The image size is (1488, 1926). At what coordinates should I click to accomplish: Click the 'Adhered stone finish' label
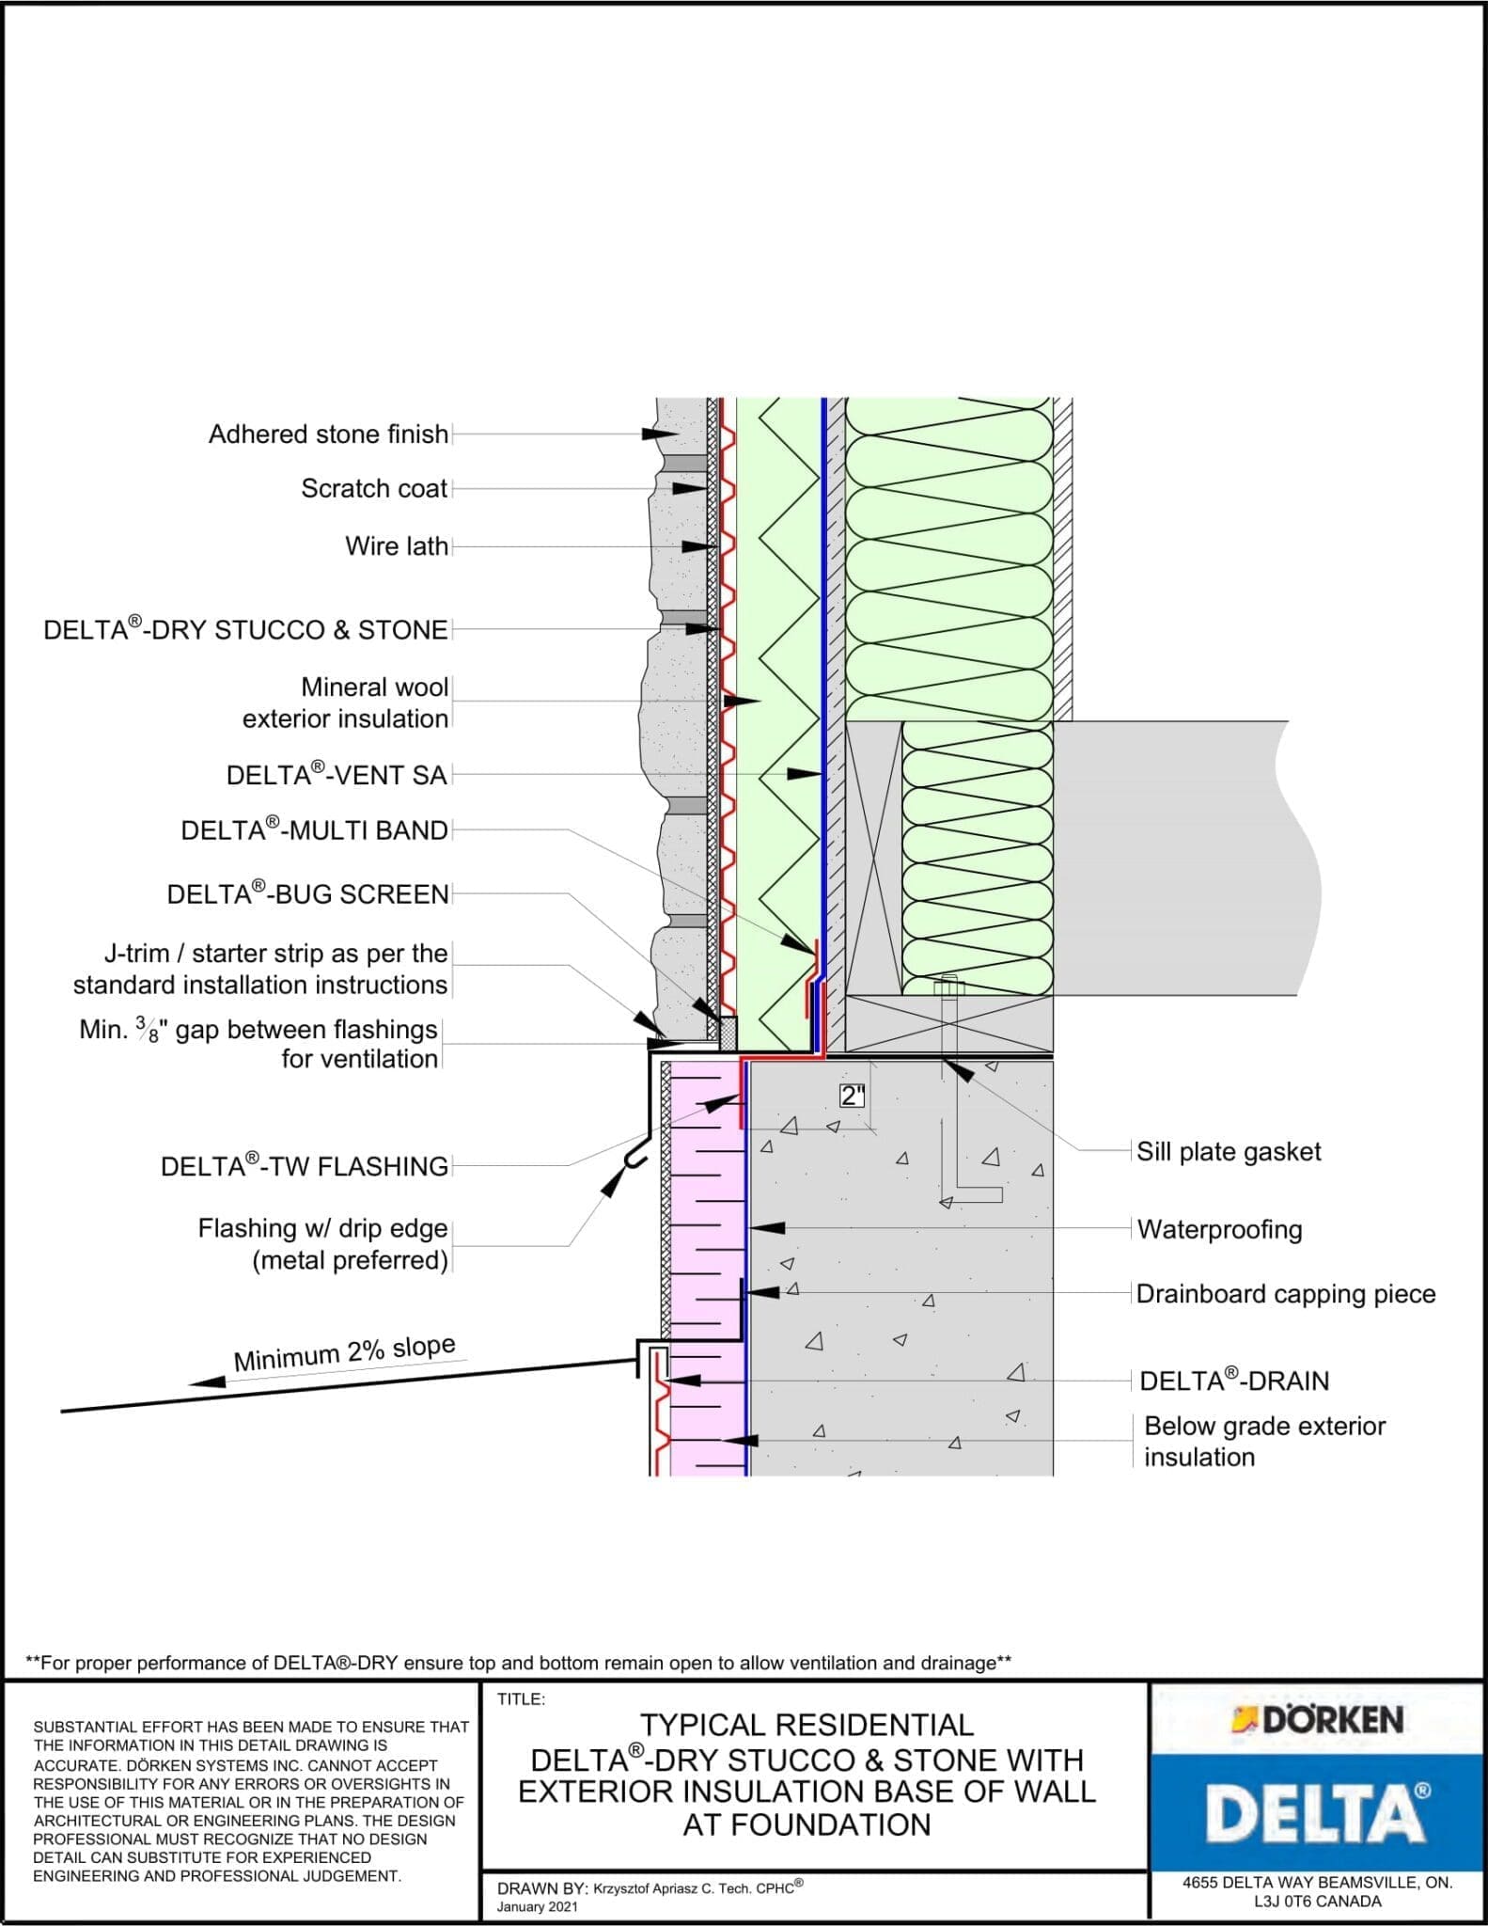(328, 434)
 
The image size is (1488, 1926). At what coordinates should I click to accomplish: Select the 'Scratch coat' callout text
(374, 489)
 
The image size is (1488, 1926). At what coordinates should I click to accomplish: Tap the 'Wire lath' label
(396, 546)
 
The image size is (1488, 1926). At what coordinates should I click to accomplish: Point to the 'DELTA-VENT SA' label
(336, 776)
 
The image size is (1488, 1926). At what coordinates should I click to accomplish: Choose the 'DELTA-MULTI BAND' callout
(314, 830)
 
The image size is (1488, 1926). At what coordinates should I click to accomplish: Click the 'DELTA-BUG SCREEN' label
(307, 894)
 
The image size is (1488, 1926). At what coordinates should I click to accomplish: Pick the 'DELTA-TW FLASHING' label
(304, 1166)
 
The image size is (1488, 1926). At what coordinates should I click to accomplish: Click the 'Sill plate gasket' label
(1228, 1152)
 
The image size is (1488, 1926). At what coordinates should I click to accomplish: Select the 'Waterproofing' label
(1219, 1229)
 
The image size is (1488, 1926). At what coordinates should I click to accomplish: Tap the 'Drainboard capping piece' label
(1285, 1294)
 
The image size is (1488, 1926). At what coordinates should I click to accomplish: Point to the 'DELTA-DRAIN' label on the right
(1233, 1381)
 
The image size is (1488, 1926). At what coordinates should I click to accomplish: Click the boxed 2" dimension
(852, 1096)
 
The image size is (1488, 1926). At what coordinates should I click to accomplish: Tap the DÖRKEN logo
(1318, 1720)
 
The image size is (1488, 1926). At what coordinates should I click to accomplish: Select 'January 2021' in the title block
(537, 1907)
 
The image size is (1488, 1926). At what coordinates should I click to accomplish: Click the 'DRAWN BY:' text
(541, 1888)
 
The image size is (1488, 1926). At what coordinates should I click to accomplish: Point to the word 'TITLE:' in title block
(521, 1699)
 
